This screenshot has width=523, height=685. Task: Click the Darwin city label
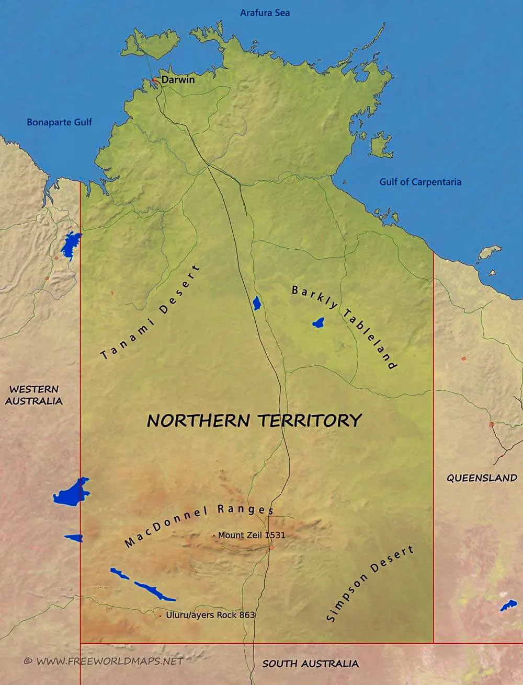coord(178,80)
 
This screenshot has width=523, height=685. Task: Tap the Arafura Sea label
coord(265,13)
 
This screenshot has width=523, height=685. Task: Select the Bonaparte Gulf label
coord(59,122)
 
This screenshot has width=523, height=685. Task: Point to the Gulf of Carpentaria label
coord(420,182)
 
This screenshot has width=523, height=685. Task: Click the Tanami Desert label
coord(150,313)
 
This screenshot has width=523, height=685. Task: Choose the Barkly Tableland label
coord(344,327)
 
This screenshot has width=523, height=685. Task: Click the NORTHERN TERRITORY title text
coord(254,420)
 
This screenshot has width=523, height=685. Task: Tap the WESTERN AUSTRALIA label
coord(34,395)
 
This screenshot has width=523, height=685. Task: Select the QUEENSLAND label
coord(482,478)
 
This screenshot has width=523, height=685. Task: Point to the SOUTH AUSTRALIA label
coord(310,664)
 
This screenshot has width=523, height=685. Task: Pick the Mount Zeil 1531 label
coord(252,535)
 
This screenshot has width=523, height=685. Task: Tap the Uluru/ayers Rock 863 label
coord(210,615)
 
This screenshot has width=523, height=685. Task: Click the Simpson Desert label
coord(370,583)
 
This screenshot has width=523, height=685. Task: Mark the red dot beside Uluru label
coord(160,617)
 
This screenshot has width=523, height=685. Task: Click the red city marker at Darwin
coord(155,80)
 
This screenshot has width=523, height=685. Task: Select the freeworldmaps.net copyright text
coord(104,661)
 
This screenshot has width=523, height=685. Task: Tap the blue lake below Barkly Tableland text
coord(318,323)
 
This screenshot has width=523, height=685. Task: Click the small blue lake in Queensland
coord(508,606)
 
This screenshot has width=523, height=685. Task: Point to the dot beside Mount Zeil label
coord(214,536)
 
